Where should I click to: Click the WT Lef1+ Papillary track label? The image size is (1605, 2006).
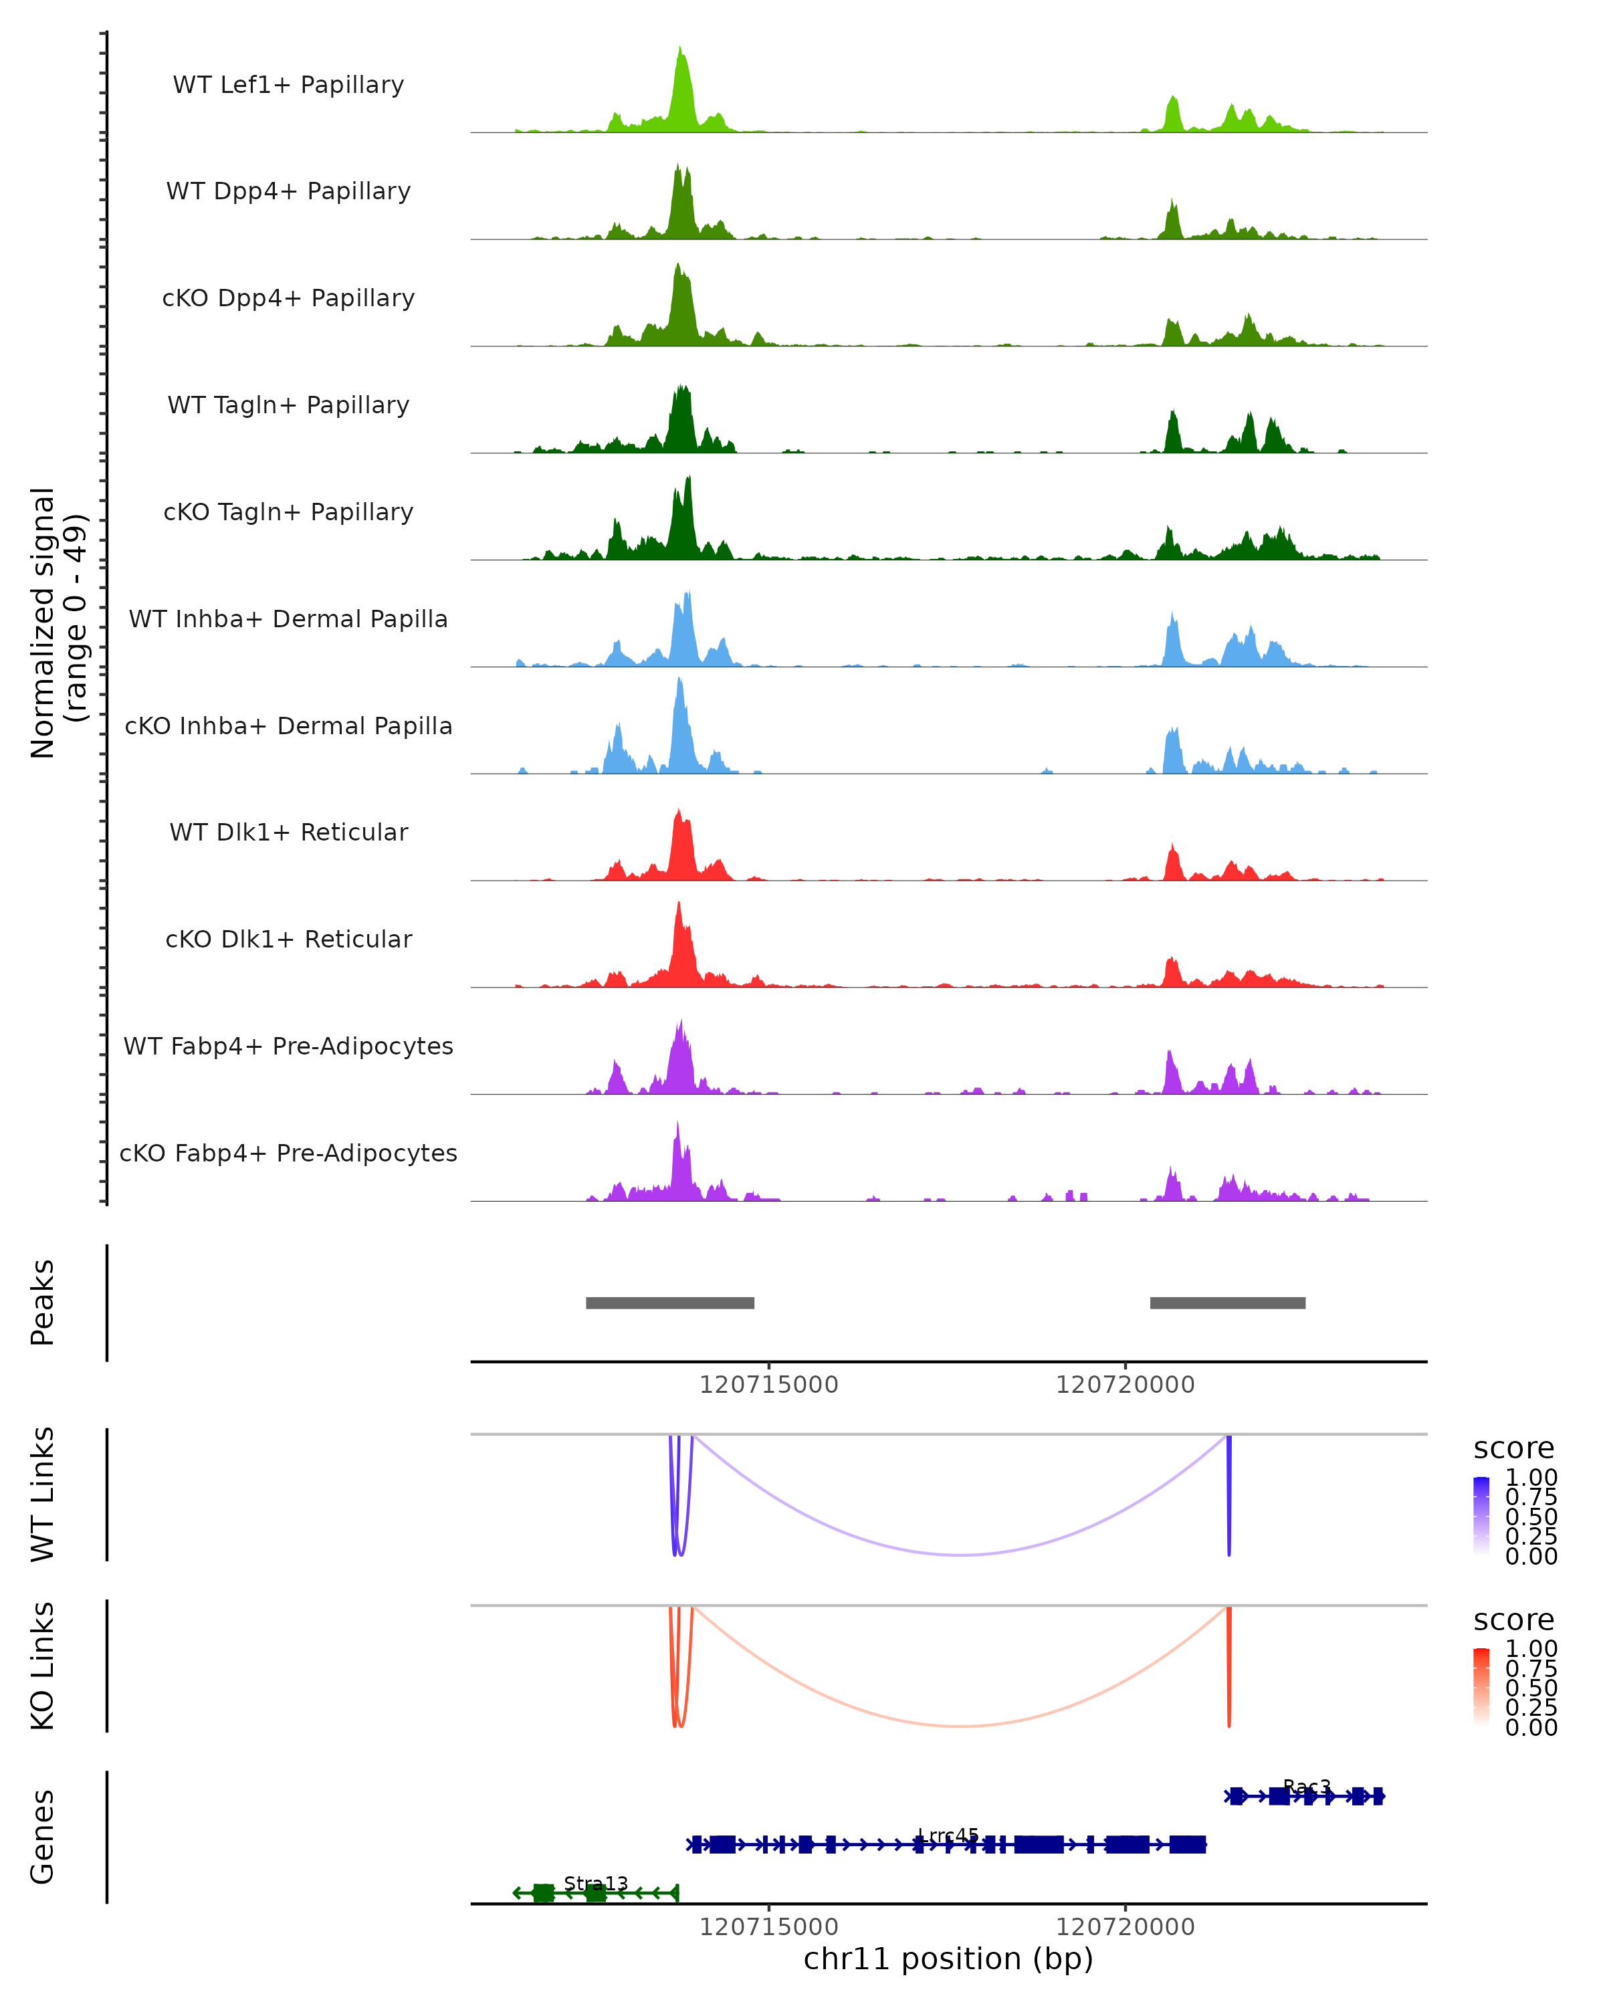tap(288, 86)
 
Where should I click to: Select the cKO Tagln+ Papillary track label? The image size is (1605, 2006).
tap(288, 513)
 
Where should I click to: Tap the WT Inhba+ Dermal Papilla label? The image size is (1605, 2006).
tap(288, 620)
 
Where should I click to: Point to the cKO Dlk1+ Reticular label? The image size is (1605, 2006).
tap(288, 939)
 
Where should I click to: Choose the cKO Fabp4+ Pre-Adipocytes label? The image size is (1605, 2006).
tap(288, 1153)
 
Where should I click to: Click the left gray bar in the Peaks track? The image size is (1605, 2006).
tap(670, 1303)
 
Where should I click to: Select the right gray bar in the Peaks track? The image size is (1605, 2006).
tap(1227, 1303)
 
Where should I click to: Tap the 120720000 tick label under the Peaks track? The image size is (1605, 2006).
tap(1125, 1385)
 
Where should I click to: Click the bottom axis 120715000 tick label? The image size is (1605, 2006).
tap(768, 1927)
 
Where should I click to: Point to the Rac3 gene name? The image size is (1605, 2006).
tap(1306, 1787)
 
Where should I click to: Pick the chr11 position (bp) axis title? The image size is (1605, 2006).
tap(948, 1959)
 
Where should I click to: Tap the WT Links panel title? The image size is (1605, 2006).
tap(43, 1494)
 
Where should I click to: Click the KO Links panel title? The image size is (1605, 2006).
tap(43, 1666)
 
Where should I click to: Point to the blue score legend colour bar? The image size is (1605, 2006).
tap(1481, 1516)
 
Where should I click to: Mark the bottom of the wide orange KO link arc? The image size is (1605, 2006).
tap(961, 1726)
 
